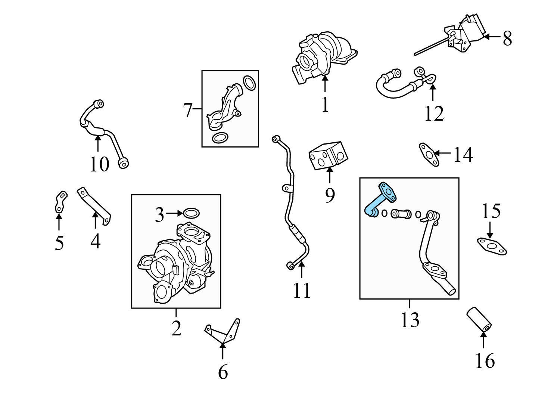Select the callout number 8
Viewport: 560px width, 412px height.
(507, 38)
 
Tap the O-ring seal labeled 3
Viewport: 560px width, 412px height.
(191, 214)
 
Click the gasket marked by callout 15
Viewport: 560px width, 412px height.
(492, 247)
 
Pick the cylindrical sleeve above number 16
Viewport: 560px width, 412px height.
(479, 319)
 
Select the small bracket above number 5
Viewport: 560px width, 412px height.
(60, 201)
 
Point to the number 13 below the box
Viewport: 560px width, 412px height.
(410, 320)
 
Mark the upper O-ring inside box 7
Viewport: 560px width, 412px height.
(249, 83)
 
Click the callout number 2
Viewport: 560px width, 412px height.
(176, 328)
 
